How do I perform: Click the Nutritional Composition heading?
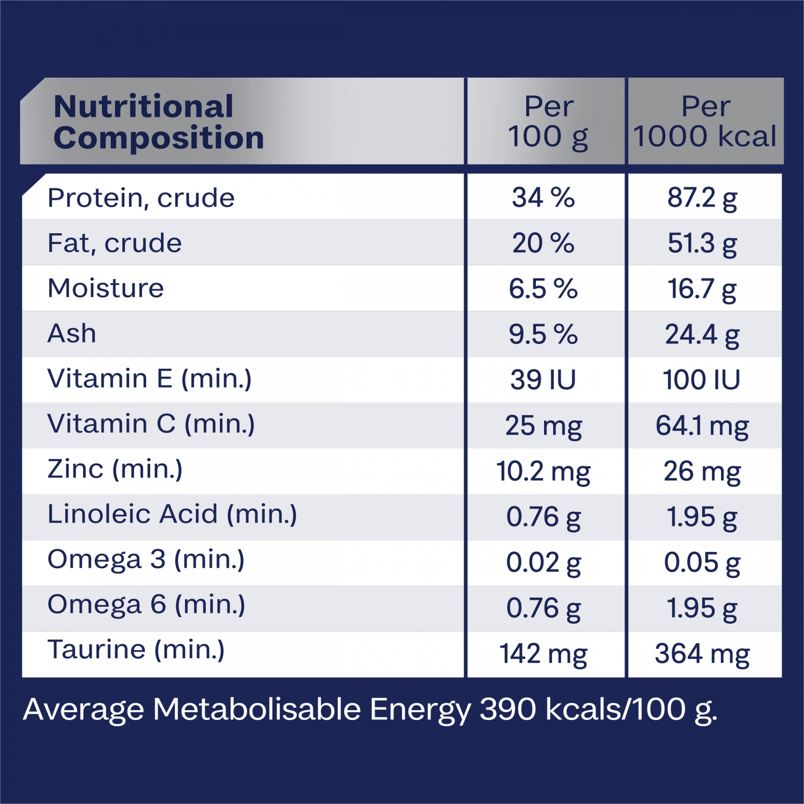[x=159, y=122]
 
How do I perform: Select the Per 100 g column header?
[x=548, y=122]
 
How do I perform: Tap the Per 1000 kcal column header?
[x=705, y=122]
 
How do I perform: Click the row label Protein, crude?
[x=141, y=198]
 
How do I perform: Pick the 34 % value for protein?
[x=543, y=198]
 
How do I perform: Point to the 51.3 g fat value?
[x=702, y=243]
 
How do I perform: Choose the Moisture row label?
[x=106, y=288]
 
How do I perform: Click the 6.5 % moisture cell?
[x=543, y=289]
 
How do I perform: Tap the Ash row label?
[x=72, y=333]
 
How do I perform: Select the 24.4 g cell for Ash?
[x=702, y=334]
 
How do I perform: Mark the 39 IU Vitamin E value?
[x=543, y=380]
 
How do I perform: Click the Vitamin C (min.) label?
[x=151, y=424]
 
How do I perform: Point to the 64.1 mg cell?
[x=702, y=426]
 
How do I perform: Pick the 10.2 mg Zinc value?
[x=543, y=472]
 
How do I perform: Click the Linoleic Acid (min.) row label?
[x=172, y=514]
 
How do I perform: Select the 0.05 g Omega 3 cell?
[x=702, y=563]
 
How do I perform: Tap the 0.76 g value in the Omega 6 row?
[x=543, y=608]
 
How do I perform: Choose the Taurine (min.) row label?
[x=136, y=650]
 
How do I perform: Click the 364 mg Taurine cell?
[x=702, y=654]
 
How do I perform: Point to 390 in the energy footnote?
[x=508, y=709]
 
